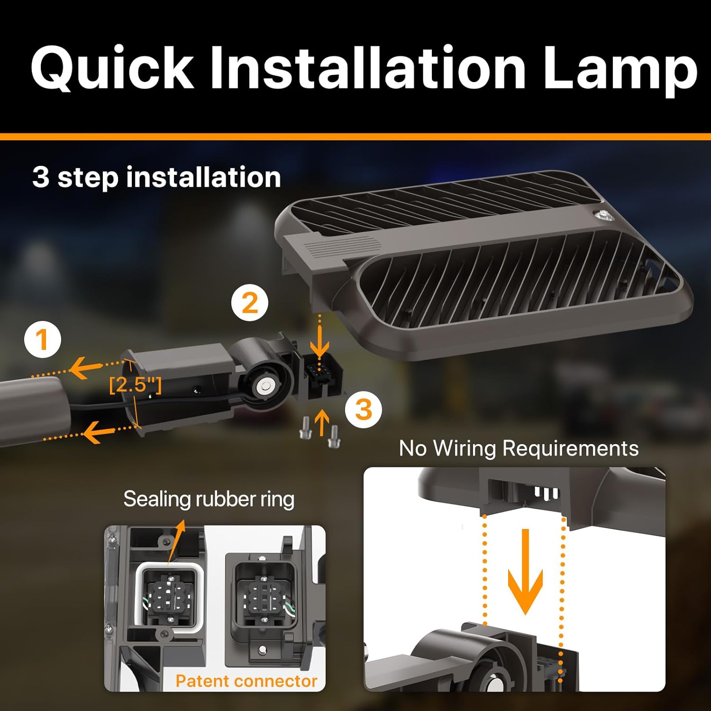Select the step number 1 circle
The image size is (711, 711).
pyautogui.click(x=43, y=340)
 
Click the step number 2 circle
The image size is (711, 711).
pyautogui.click(x=250, y=302)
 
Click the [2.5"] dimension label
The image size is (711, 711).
pyautogui.click(x=135, y=384)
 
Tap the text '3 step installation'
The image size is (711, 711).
pyautogui.click(x=156, y=177)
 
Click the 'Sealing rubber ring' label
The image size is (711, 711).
pyautogui.click(x=209, y=499)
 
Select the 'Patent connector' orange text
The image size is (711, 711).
pyautogui.click(x=246, y=681)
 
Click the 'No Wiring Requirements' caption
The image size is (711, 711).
pyautogui.click(x=519, y=448)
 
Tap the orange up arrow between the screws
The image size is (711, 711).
pyautogui.click(x=322, y=422)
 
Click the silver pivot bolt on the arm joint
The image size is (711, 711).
pyautogui.click(x=262, y=387)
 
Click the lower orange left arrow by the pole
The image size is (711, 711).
pyautogui.click(x=97, y=432)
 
